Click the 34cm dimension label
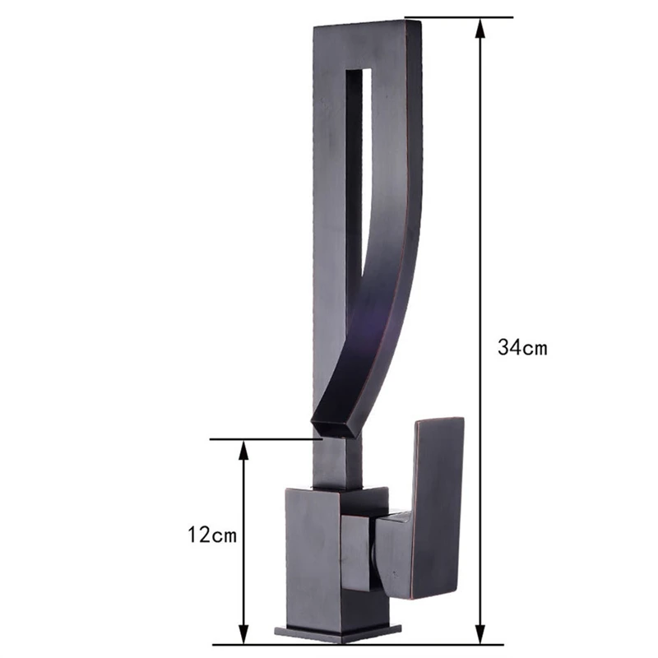pyautogui.click(x=522, y=347)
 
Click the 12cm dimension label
pyautogui.click(x=212, y=535)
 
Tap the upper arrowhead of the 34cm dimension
pyautogui.click(x=481, y=29)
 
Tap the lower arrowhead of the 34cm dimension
pyautogui.click(x=481, y=633)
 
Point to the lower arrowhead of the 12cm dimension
pyautogui.click(x=243, y=633)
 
